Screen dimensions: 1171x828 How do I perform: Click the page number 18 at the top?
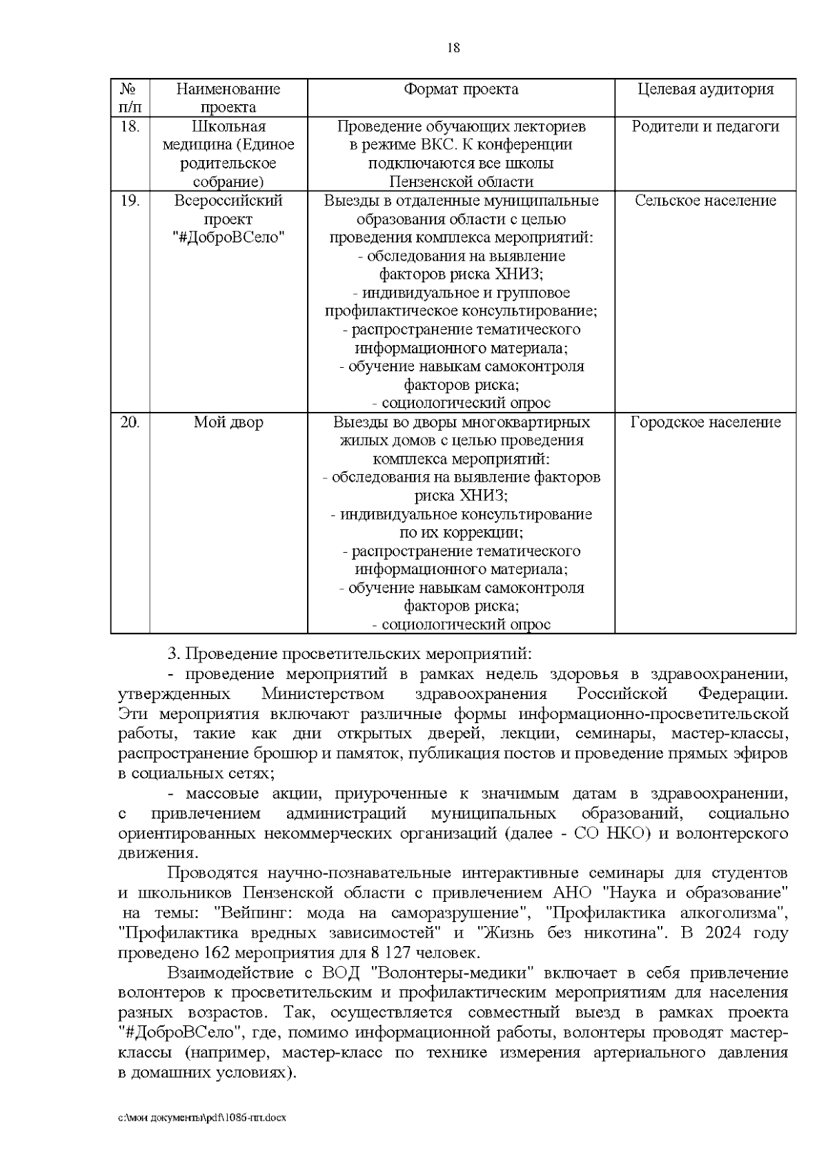click(x=453, y=48)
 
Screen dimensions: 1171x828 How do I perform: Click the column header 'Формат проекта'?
click(x=461, y=89)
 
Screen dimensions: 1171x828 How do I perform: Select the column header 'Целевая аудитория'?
click(x=705, y=89)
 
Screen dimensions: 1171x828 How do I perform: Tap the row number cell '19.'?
click(x=130, y=200)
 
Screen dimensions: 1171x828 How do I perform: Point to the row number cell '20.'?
click(x=130, y=422)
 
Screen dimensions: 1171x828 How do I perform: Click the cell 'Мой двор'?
click(x=228, y=422)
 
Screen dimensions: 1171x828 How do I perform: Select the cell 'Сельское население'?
click(x=705, y=200)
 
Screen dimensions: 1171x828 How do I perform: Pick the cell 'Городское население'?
click(x=705, y=422)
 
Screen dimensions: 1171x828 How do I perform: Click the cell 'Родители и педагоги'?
click(x=705, y=126)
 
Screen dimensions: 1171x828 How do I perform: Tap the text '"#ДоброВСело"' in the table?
click(x=228, y=237)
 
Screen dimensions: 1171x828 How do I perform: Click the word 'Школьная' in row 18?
click(x=228, y=126)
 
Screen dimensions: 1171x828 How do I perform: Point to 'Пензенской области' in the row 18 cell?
click(x=461, y=182)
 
